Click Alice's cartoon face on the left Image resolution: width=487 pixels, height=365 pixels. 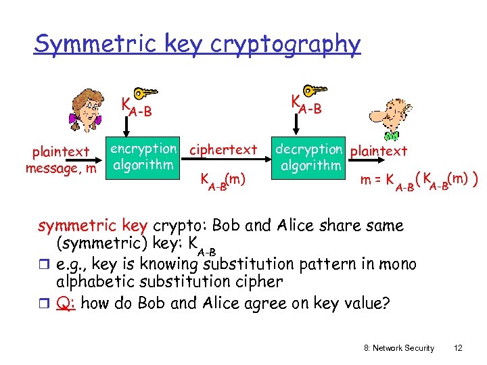(87, 113)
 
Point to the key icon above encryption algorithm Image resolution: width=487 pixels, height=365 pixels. (143, 95)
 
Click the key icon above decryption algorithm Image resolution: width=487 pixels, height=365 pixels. (313, 92)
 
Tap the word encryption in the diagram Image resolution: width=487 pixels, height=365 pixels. (143, 149)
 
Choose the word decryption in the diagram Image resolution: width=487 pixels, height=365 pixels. (308, 149)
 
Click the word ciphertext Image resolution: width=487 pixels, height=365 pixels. (224, 149)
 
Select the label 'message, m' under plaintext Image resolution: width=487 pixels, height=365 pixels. (61, 167)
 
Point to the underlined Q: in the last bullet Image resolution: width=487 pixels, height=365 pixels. (65, 303)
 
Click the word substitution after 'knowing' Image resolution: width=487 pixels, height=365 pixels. (249, 264)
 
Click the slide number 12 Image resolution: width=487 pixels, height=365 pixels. (458, 347)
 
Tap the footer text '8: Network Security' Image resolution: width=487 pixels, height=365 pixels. (399, 347)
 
